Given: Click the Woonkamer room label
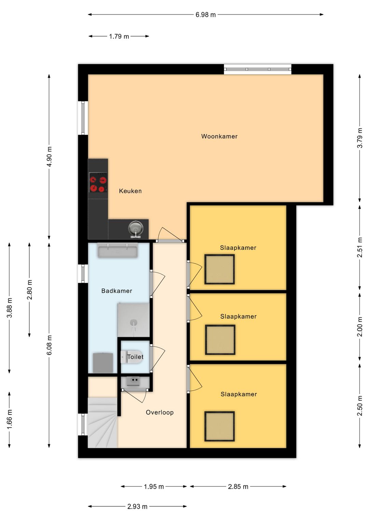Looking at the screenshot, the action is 219,136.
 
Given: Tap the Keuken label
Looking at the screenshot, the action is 130,191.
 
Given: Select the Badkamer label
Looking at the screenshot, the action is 117,291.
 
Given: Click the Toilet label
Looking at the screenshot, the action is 135,356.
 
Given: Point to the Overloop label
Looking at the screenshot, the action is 160,412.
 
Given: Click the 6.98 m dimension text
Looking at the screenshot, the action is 206,15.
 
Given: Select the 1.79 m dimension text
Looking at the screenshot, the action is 119,37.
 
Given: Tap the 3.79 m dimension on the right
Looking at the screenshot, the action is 360,138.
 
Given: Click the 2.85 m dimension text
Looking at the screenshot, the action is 238,487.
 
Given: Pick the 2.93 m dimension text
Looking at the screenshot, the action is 137,507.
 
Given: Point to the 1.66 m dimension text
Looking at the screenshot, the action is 9,419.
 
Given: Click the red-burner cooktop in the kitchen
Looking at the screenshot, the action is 98,182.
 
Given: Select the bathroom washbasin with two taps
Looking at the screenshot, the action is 118,250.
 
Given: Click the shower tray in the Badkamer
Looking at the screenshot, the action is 133,320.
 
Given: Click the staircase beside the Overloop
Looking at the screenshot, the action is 102,423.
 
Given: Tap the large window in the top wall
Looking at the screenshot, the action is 258,69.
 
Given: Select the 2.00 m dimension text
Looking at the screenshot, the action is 360,326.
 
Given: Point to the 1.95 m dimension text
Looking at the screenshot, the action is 154,487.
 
